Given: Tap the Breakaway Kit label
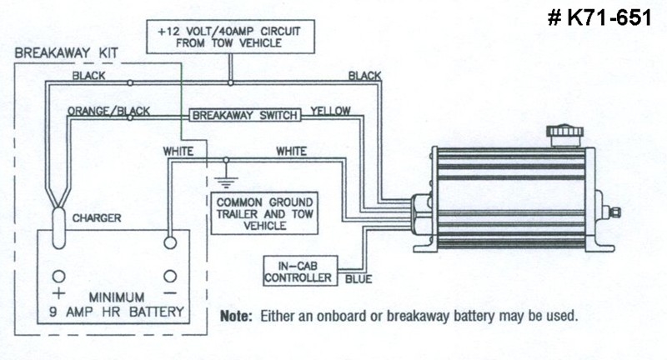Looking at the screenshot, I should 60,52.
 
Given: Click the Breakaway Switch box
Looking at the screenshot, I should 243,116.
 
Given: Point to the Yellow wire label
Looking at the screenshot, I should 330,110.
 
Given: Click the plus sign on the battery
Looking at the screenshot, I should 58,294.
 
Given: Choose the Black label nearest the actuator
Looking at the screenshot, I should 364,76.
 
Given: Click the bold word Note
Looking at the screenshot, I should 236,317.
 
